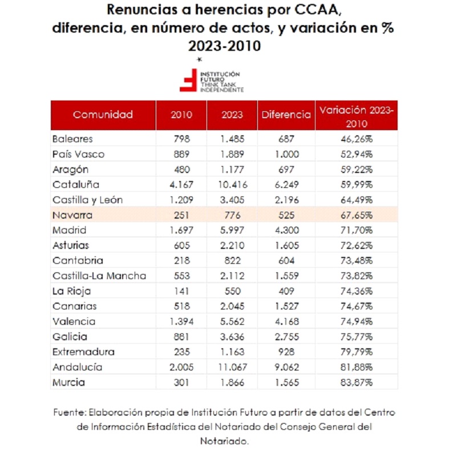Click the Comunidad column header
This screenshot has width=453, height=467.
coord(103,115)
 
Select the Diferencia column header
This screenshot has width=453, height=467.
coord(286,115)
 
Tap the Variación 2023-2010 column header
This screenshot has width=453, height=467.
coord(357,116)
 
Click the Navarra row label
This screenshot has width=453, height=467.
coord(72,215)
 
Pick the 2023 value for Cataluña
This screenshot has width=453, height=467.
coord(232,184)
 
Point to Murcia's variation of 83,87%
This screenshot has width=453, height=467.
coord(357,382)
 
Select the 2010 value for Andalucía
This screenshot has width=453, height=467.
coord(181,367)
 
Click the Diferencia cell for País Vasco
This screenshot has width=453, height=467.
coord(286,154)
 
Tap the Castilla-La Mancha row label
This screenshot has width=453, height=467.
coord(99,276)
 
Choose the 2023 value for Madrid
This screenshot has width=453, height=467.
coord(232,230)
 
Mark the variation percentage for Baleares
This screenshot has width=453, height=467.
coord(357,139)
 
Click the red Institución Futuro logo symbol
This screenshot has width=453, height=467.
coord(188,80)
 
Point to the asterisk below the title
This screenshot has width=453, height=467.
coord(200,59)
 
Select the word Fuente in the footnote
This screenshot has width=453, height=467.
coord(70,413)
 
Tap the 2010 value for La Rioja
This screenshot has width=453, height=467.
coord(181,291)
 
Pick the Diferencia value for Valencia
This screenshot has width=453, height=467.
coord(286,321)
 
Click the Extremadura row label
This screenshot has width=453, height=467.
coord(84,352)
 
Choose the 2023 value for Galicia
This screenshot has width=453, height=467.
coord(232,337)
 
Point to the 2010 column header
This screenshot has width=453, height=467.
coord(181,115)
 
